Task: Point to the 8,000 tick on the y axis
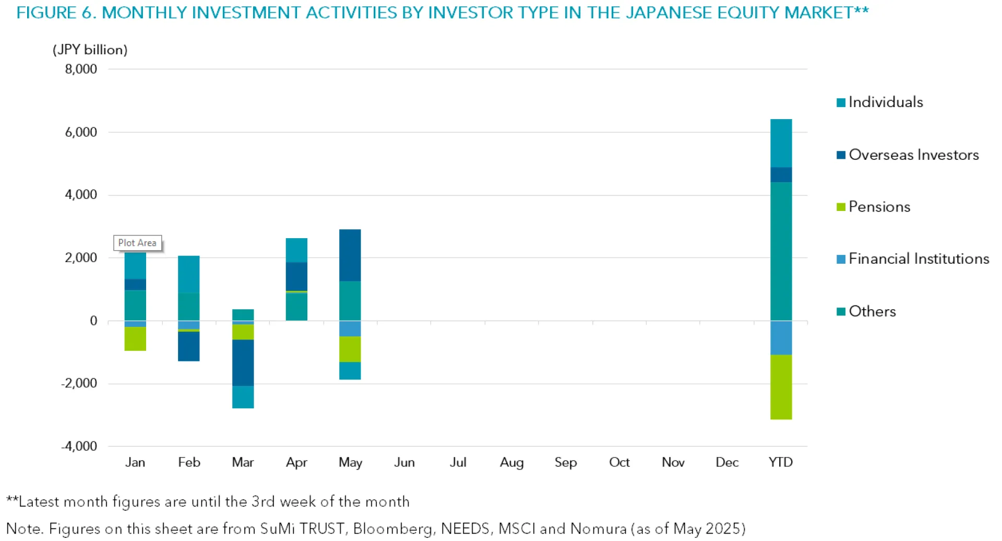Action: point(81,69)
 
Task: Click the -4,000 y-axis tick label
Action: point(79,446)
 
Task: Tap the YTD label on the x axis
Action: point(781,463)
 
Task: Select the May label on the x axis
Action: point(350,463)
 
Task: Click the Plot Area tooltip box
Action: point(137,243)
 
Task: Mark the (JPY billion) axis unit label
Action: point(90,50)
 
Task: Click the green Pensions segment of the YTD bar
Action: point(781,387)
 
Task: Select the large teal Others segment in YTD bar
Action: point(781,251)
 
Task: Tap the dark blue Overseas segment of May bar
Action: point(350,255)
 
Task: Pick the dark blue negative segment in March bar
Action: point(243,363)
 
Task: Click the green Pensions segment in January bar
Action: point(135,339)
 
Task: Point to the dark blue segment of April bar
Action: point(296,276)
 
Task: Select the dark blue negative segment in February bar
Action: point(189,346)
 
